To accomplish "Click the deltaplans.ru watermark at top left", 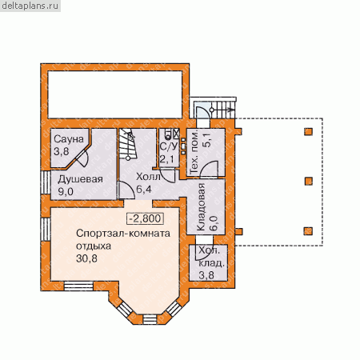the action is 30,6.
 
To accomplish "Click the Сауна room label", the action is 69,139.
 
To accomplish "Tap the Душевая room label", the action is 80,179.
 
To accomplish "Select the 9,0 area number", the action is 66,191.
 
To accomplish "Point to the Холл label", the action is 148,177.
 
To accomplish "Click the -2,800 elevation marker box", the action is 145,218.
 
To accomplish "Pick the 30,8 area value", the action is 86,258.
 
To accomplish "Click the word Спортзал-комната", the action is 123,234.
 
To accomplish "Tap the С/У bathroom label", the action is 169,146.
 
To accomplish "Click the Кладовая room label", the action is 201,207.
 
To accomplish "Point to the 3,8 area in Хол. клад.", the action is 206,275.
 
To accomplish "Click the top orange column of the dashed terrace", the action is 308,132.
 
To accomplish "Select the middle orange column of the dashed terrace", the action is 309,182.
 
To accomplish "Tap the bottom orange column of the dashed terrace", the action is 309,231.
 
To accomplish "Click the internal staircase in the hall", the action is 128,144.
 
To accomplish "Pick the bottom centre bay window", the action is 150,319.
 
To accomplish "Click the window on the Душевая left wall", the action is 46,182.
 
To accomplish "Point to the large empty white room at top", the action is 115,94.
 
